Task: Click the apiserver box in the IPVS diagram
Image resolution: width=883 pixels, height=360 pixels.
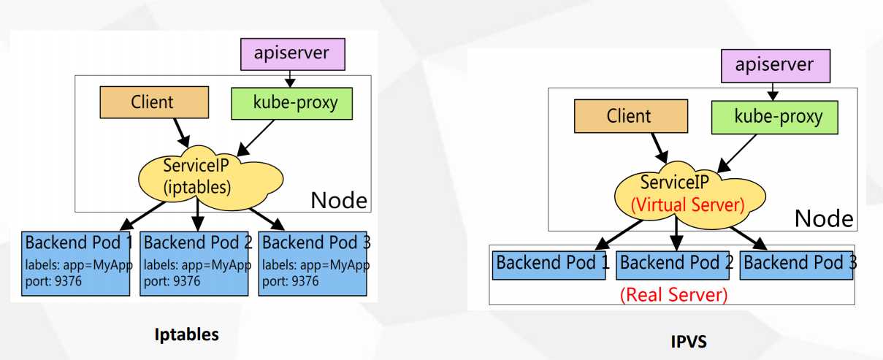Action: click(x=774, y=64)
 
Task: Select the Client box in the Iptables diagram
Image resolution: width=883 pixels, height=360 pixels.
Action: click(x=153, y=102)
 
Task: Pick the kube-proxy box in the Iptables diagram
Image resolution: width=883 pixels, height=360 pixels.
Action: click(x=291, y=102)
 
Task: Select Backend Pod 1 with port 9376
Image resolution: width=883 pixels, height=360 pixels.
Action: click(x=77, y=263)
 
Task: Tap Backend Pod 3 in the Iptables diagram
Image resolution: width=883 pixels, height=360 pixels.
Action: click(x=314, y=263)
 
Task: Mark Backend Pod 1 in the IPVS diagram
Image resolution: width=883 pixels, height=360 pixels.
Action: click(x=551, y=264)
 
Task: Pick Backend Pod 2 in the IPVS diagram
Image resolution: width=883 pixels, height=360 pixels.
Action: click(x=675, y=264)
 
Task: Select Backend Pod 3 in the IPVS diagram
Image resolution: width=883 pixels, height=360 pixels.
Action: click(x=798, y=264)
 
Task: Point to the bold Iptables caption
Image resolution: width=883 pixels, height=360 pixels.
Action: click(x=187, y=335)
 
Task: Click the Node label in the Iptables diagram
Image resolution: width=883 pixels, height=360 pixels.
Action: click(x=339, y=199)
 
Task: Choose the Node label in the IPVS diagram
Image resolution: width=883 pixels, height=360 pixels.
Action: click(x=823, y=218)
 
